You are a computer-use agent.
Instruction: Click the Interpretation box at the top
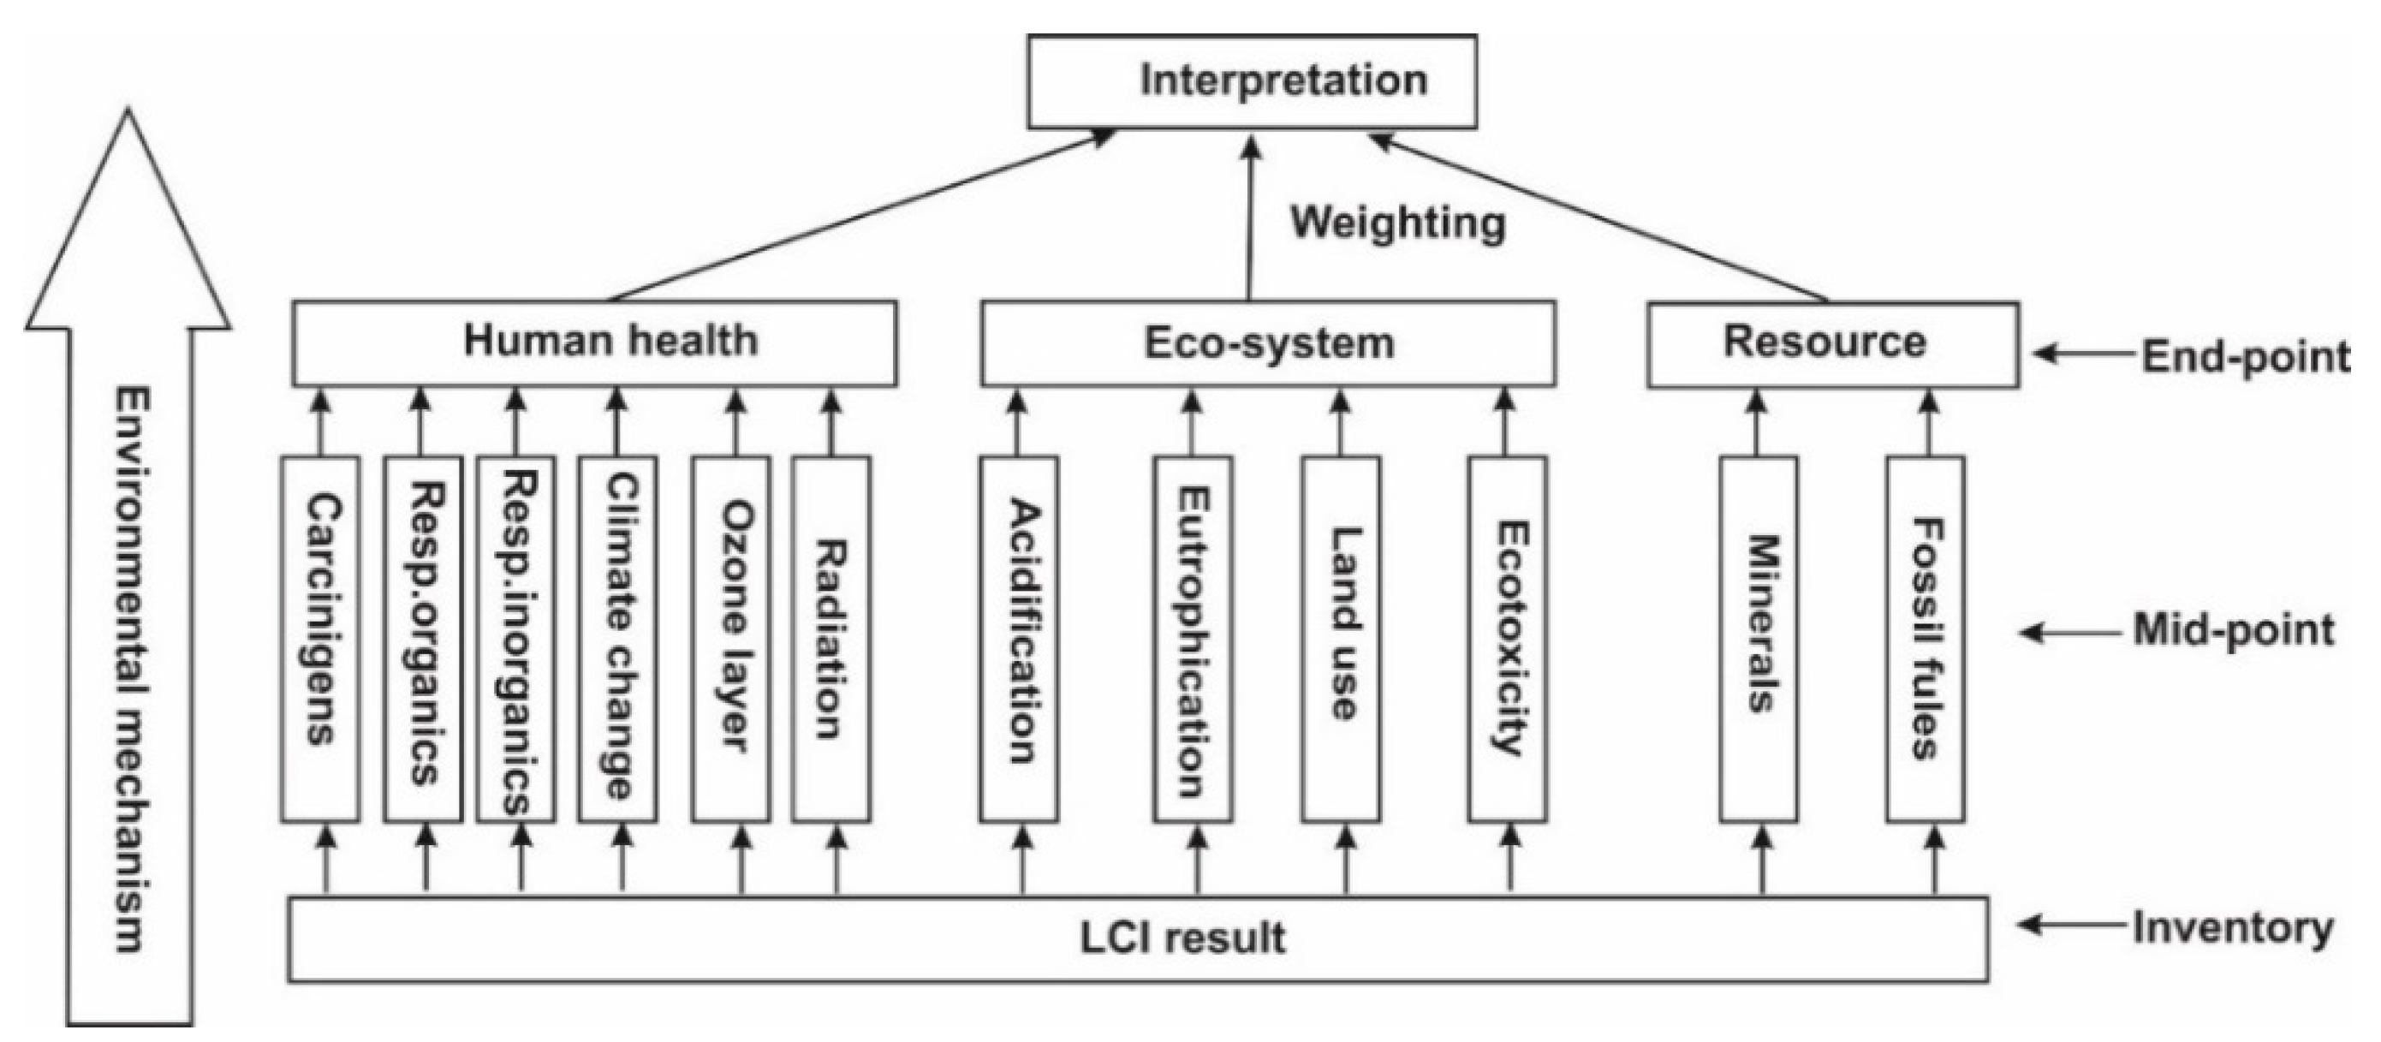[x=1252, y=81]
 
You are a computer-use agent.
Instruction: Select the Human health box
[x=594, y=342]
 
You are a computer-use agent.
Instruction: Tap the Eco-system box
[x=1267, y=343]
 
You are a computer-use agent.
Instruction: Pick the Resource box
[x=1832, y=343]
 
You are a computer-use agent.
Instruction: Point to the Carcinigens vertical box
[x=320, y=638]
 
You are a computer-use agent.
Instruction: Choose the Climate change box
[x=617, y=638]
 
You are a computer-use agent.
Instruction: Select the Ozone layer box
[x=730, y=638]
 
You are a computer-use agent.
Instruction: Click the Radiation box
[x=831, y=638]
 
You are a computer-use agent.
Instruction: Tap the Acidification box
[x=1019, y=638]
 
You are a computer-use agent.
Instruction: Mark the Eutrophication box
[x=1193, y=638]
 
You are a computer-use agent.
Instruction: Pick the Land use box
[x=1340, y=638]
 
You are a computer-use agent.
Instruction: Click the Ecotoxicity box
[x=1507, y=638]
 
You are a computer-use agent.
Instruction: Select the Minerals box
[x=1758, y=638]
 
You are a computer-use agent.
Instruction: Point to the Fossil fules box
[x=1926, y=638]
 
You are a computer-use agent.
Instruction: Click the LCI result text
[x=1182, y=938]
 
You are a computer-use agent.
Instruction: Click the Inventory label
[x=2233, y=927]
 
